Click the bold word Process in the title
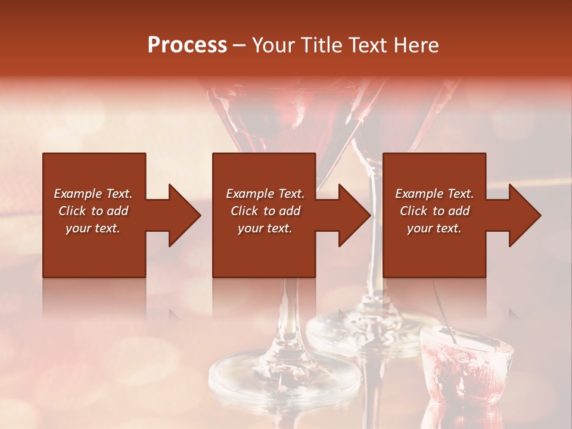click(187, 45)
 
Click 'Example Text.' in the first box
click(93, 194)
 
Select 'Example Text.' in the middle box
click(265, 194)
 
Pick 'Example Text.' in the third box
click(434, 194)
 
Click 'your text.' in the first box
click(93, 228)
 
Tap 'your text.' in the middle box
click(265, 228)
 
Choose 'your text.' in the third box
click(434, 228)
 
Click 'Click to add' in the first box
click(93, 211)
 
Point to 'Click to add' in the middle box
click(265, 211)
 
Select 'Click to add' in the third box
click(434, 211)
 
